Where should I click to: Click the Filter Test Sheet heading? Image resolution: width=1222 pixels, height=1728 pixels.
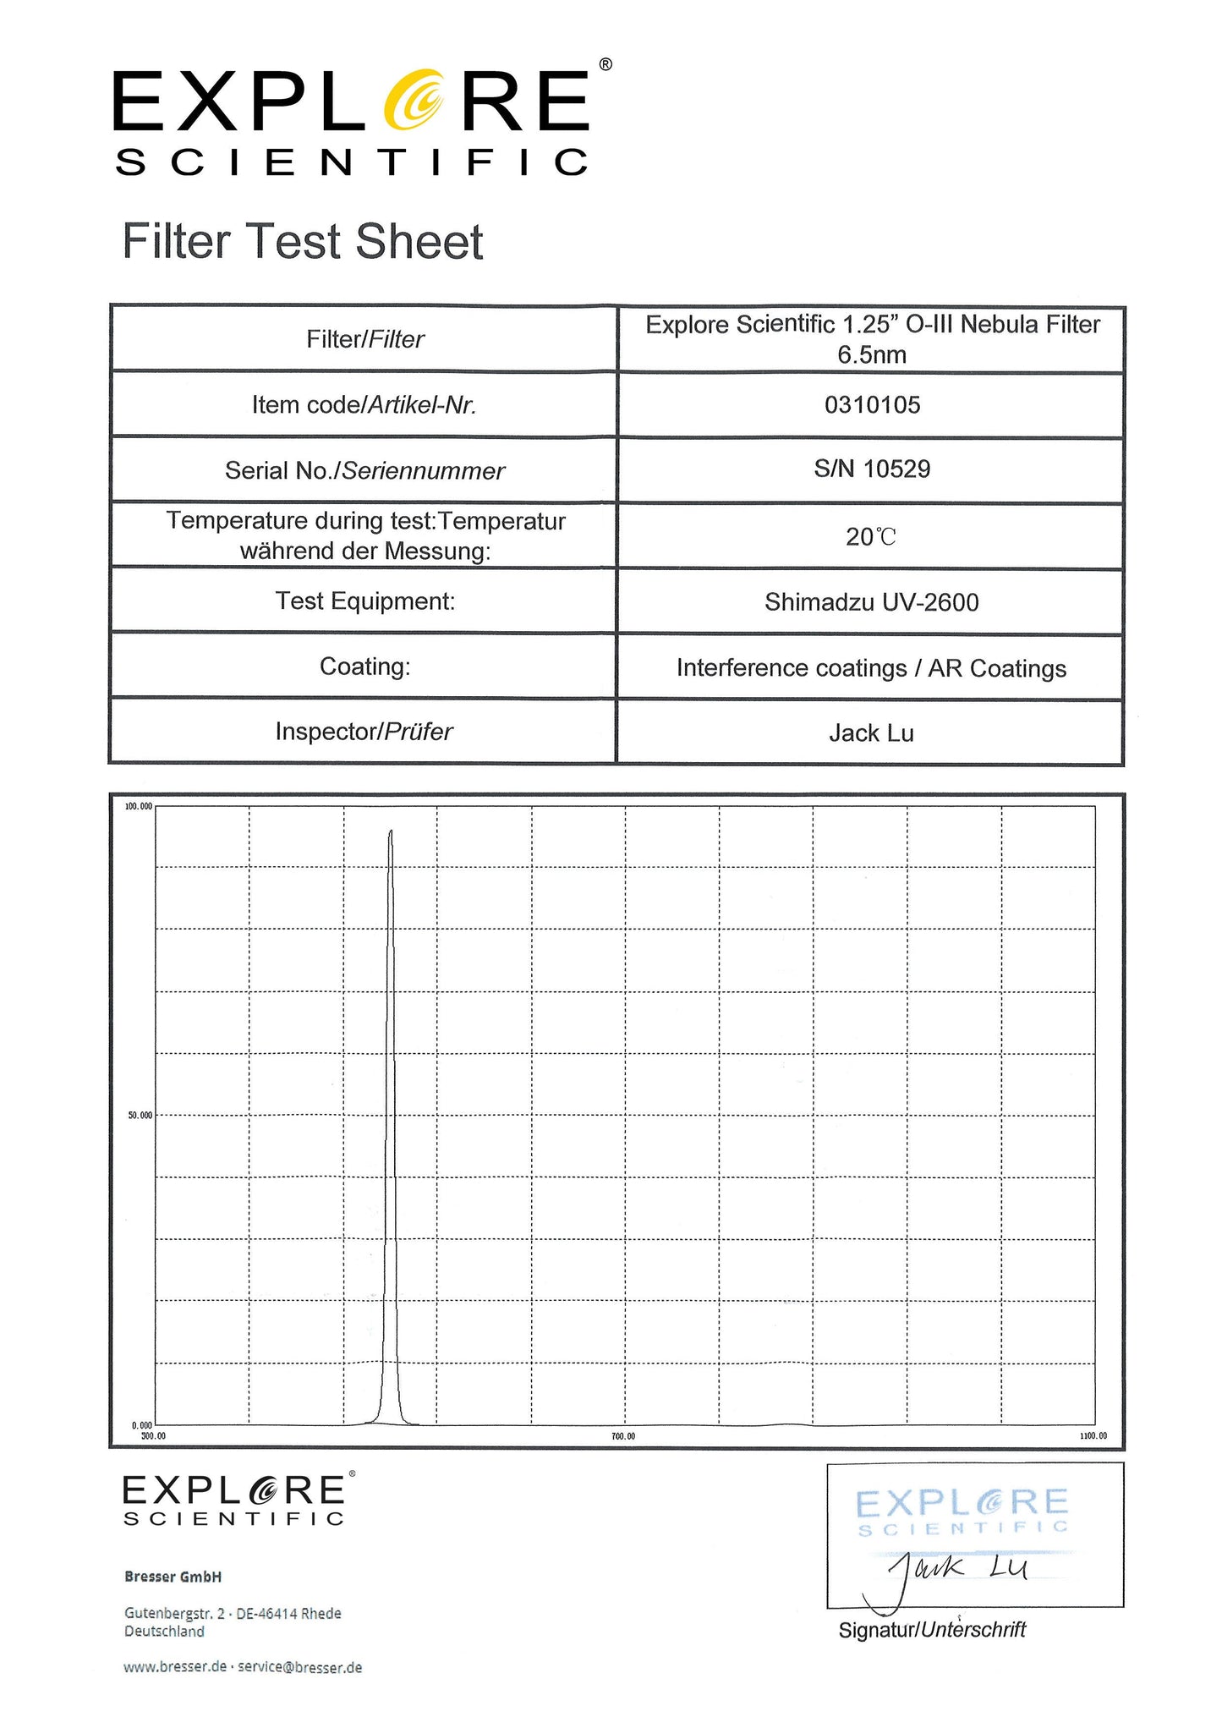pyautogui.click(x=303, y=242)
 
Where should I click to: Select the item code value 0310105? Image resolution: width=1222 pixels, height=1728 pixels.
pyautogui.click(x=872, y=405)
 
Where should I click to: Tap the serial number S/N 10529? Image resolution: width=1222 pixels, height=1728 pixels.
pyautogui.click(x=872, y=469)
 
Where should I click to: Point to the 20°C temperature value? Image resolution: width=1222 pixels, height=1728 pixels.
pyautogui.click(x=870, y=537)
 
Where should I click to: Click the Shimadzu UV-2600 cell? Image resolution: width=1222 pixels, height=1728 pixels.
pyautogui.click(x=871, y=602)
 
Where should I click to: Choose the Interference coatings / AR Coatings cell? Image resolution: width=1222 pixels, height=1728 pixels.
pyautogui.click(x=871, y=668)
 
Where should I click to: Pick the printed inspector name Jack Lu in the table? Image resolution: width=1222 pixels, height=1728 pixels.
pyautogui.click(x=871, y=733)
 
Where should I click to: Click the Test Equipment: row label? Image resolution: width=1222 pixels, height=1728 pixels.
pyautogui.click(x=364, y=601)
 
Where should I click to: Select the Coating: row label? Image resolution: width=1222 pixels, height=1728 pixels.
pyautogui.click(x=364, y=667)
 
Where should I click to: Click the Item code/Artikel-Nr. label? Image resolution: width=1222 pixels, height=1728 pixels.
pyautogui.click(x=364, y=405)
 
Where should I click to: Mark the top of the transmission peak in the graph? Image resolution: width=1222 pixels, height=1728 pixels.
pyautogui.click(x=391, y=833)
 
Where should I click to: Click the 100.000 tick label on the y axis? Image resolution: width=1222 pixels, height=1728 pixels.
pyautogui.click(x=139, y=806)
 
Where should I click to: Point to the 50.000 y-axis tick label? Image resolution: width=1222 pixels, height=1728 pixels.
pyautogui.click(x=140, y=1116)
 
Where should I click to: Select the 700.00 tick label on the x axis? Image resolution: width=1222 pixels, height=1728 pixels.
pyautogui.click(x=623, y=1436)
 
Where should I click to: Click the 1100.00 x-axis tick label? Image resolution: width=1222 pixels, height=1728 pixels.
pyautogui.click(x=1093, y=1436)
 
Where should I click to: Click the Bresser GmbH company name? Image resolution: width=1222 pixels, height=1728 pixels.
pyautogui.click(x=173, y=1577)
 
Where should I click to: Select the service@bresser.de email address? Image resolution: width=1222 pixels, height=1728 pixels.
pyautogui.click(x=300, y=1667)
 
